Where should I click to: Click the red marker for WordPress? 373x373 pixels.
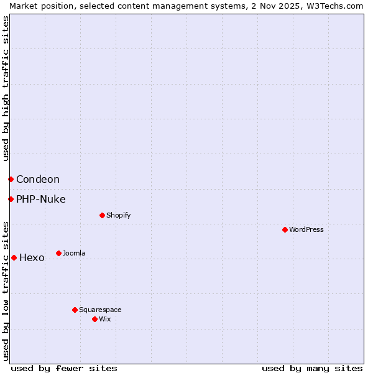(x=285, y=229)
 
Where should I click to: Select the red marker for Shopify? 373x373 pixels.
(x=102, y=215)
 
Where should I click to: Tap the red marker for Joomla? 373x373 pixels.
(x=58, y=253)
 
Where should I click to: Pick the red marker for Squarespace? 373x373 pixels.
(x=75, y=310)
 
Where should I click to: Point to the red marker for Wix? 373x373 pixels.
(x=94, y=319)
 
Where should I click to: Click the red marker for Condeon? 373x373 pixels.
(x=11, y=179)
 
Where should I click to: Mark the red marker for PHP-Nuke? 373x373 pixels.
(x=11, y=199)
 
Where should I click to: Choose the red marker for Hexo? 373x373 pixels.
(x=14, y=257)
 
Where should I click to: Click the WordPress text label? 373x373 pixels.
(x=306, y=229)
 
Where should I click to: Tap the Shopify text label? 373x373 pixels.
(x=119, y=215)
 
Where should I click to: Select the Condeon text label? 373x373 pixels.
(x=38, y=179)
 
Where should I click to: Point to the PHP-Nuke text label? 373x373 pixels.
(x=41, y=199)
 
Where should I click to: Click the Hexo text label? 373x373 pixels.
(x=32, y=257)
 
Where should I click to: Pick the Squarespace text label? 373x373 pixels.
(x=100, y=310)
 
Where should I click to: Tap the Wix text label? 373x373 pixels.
(x=105, y=319)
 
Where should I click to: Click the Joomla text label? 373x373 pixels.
(x=74, y=253)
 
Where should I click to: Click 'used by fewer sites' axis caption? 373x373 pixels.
(x=64, y=368)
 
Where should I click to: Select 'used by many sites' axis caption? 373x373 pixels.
(x=312, y=368)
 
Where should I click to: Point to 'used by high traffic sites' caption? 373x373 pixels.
(x=6, y=88)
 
